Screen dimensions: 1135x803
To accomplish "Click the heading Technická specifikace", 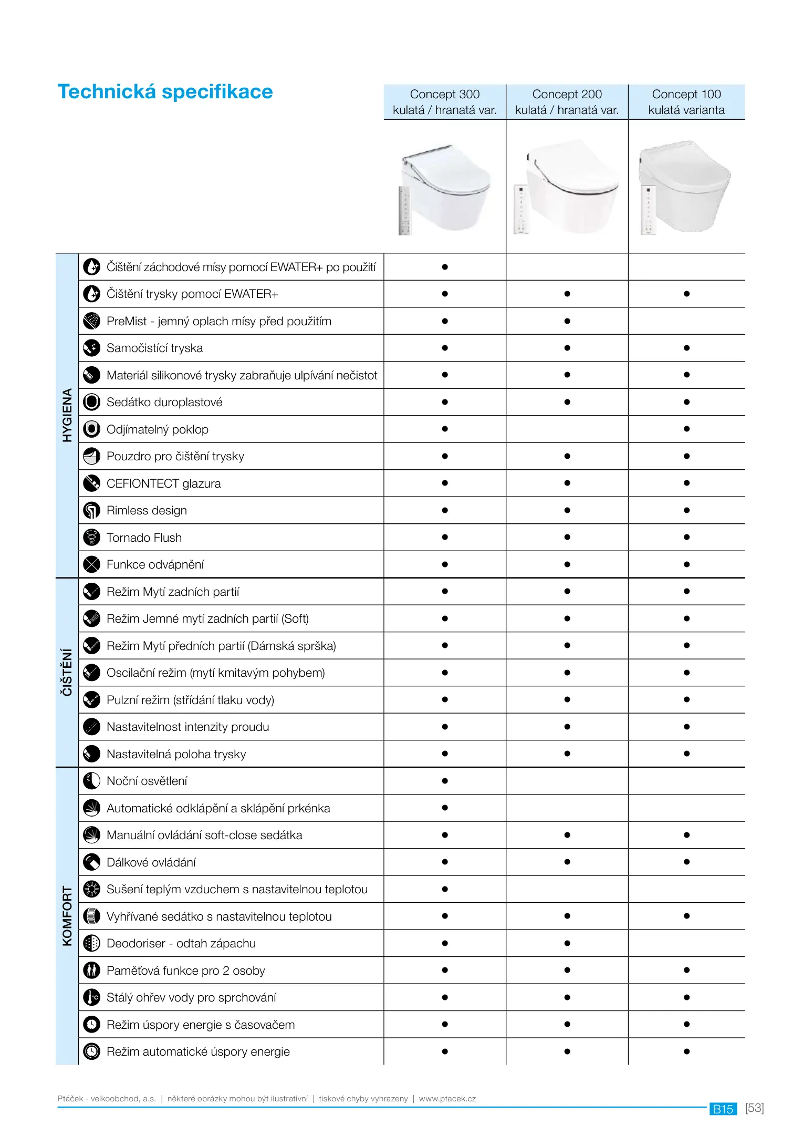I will click(x=165, y=92).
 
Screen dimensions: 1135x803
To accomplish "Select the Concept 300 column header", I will click(x=444, y=102).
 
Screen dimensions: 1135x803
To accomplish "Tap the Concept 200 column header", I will click(x=567, y=102).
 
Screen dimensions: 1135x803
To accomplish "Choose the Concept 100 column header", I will click(x=686, y=102).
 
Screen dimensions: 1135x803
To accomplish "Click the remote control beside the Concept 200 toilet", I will click(x=521, y=210).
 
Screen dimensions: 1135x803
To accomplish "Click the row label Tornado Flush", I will click(x=144, y=538).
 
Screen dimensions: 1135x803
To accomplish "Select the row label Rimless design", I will click(x=147, y=510).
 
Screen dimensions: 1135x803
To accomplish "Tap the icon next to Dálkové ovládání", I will click(x=92, y=862).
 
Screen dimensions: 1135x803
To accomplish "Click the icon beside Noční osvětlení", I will click(x=92, y=781).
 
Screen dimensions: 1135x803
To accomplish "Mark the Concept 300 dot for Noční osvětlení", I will click(x=445, y=781).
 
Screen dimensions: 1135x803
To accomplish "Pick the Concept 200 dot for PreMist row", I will click(x=567, y=321).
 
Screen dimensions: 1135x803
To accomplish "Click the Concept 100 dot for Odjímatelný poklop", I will click(x=686, y=429).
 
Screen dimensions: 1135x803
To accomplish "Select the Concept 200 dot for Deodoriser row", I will click(x=567, y=943).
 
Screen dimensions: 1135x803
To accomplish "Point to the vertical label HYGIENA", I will click(x=67, y=415).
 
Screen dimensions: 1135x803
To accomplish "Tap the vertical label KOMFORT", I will click(x=67, y=916).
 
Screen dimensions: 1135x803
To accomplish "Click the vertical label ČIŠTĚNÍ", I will click(x=67, y=673).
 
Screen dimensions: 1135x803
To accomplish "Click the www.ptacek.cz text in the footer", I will click(x=447, y=1098).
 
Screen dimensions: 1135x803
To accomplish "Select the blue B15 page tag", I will click(x=723, y=1109).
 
